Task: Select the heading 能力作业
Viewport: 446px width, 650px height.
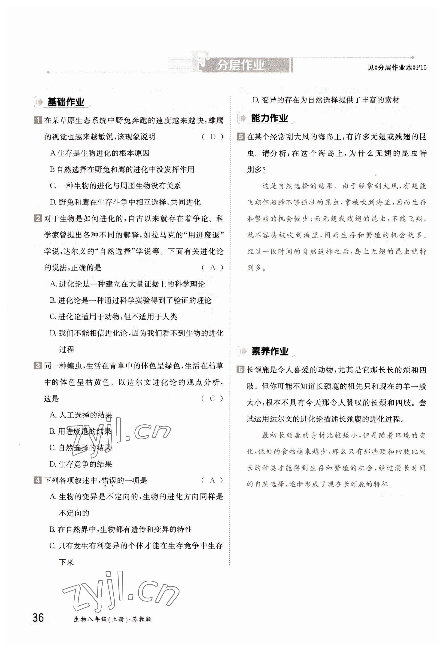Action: [269, 118]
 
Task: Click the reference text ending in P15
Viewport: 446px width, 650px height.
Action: [397, 68]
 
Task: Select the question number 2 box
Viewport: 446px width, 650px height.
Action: [38, 218]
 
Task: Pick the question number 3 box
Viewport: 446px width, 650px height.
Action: [38, 366]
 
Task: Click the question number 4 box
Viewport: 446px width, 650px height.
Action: [38, 480]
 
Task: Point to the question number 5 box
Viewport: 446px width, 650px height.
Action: [241, 137]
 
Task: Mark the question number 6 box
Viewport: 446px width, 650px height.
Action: [241, 370]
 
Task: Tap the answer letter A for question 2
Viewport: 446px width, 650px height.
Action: [213, 268]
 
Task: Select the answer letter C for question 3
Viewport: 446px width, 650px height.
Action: [213, 398]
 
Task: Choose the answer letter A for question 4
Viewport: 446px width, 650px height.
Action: [213, 480]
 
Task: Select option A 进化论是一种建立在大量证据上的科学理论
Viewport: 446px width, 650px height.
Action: [127, 284]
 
